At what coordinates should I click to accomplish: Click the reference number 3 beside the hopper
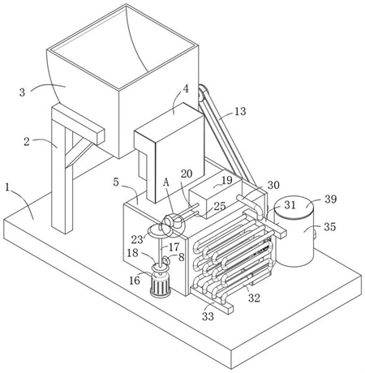[22, 92]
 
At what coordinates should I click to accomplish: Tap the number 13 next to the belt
[240, 111]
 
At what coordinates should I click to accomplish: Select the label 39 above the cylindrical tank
[330, 199]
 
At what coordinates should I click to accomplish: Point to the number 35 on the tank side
[330, 226]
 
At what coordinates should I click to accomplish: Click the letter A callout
[166, 182]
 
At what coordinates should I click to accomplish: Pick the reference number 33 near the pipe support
[208, 316]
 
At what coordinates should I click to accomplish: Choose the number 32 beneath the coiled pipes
[254, 298]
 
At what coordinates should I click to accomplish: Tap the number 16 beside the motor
[135, 281]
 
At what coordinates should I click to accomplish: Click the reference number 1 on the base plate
[7, 187]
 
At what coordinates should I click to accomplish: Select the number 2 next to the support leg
[27, 142]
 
